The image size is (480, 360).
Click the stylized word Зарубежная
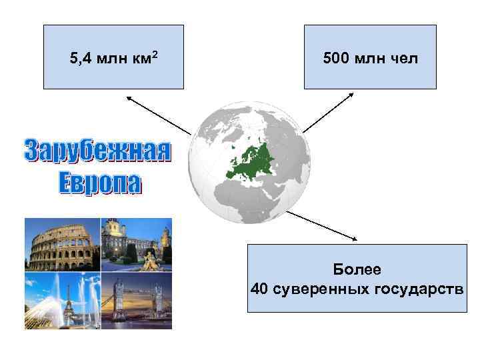tap(97, 151)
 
